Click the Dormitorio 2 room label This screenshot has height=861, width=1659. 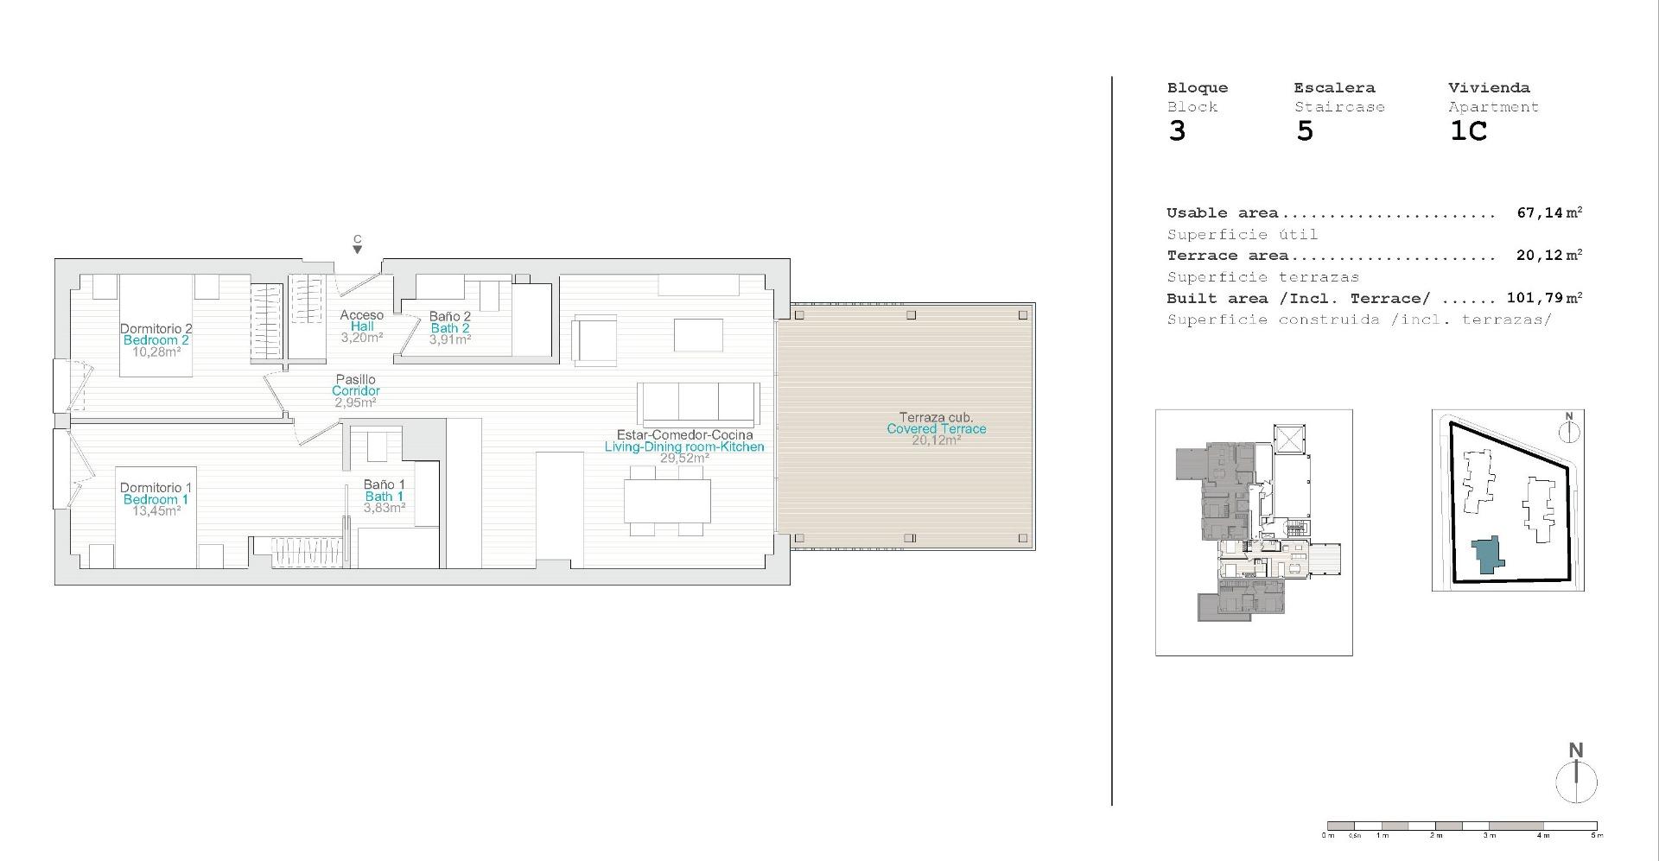point(156,328)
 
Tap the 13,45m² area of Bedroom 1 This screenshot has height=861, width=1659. point(156,510)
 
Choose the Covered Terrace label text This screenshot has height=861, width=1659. point(936,428)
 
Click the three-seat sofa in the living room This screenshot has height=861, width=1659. point(698,404)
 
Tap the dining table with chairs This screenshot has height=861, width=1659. point(667,502)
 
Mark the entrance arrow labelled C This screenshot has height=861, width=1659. point(357,249)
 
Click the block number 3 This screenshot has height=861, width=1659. point(1177,132)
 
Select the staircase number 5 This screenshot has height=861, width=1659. point(1305,132)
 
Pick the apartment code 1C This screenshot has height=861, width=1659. point(1468,132)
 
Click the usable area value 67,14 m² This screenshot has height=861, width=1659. point(1549,212)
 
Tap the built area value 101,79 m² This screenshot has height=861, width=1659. point(1544,298)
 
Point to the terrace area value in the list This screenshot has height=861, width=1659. point(1549,256)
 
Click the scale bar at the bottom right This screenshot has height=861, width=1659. point(1462,826)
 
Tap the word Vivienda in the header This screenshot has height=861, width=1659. point(1489,88)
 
